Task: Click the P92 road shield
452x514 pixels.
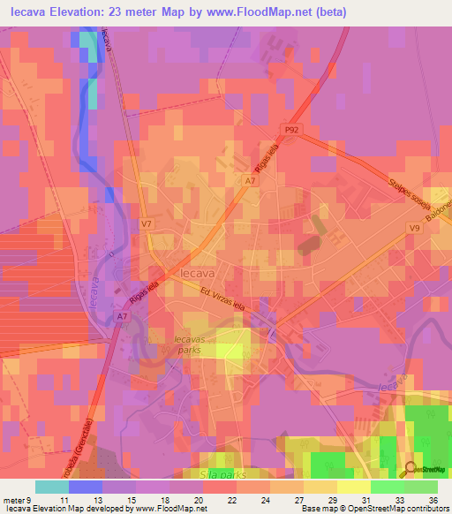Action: (x=291, y=129)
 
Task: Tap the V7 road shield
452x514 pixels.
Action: (x=146, y=224)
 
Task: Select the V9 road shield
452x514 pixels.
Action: (x=413, y=228)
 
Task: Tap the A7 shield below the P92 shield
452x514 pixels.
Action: (x=251, y=180)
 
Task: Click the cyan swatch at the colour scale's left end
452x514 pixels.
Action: (x=51, y=487)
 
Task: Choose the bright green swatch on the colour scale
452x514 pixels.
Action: (x=388, y=487)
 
